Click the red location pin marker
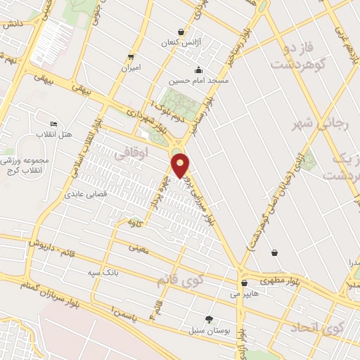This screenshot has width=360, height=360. [x=181, y=164]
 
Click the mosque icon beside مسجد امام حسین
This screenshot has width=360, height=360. [x=199, y=70]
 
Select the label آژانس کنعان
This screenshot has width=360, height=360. [x=181, y=43]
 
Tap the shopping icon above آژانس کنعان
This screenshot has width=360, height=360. [x=181, y=32]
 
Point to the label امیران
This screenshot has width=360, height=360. [x=131, y=68]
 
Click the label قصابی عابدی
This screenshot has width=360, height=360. [x=84, y=193]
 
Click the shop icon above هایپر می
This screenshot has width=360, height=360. [x=243, y=283]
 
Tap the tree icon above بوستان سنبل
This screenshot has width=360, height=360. [x=209, y=319]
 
